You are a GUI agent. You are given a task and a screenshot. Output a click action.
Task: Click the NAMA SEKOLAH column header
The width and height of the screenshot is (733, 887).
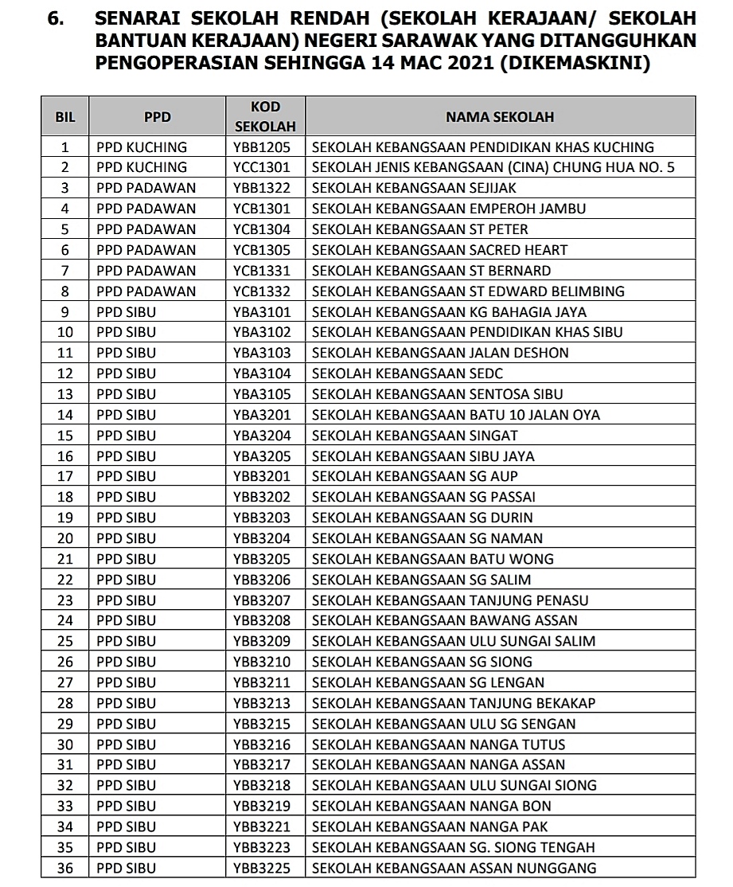[499, 117]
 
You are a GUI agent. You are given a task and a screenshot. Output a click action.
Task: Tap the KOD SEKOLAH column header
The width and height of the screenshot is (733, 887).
[265, 117]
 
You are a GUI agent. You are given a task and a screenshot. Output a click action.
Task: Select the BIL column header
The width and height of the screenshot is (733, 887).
[65, 117]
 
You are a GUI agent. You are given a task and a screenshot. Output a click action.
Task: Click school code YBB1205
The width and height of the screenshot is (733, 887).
[262, 147]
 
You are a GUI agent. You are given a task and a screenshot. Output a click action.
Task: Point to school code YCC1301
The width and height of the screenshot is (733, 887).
[262, 167]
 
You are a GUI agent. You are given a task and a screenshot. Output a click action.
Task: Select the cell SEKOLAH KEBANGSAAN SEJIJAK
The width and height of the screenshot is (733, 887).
[414, 188]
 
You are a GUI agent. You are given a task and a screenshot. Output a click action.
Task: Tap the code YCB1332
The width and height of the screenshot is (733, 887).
[262, 291]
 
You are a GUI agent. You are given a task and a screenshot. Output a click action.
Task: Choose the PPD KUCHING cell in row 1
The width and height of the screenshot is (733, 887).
[142, 147]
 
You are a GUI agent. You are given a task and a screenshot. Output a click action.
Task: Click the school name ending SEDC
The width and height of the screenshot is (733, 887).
[407, 373]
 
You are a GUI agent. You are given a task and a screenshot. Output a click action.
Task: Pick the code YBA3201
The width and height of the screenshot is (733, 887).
[262, 415]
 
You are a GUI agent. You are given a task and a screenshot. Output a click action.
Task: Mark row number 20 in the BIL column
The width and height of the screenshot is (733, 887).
[65, 538]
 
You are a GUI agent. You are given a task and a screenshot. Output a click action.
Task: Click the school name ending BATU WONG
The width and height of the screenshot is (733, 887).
[432, 559]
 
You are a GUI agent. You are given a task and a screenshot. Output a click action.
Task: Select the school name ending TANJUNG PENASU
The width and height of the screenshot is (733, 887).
[450, 600]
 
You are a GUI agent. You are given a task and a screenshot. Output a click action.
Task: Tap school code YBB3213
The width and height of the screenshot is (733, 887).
[262, 703]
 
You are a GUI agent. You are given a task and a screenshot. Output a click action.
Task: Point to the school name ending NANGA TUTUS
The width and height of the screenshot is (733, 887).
[439, 744]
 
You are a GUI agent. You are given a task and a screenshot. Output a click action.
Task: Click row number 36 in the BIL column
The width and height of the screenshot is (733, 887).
[65, 868]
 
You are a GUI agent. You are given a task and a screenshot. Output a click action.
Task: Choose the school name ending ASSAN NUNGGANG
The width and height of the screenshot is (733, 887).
[454, 868]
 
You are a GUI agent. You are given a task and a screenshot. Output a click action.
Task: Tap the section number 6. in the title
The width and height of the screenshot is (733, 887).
[56, 18]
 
